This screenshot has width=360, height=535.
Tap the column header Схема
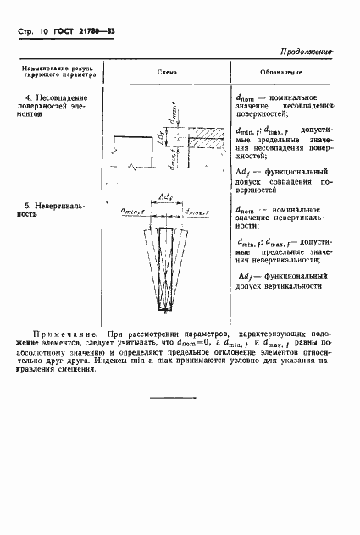(166, 73)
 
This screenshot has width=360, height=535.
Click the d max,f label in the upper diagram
(175, 108)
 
